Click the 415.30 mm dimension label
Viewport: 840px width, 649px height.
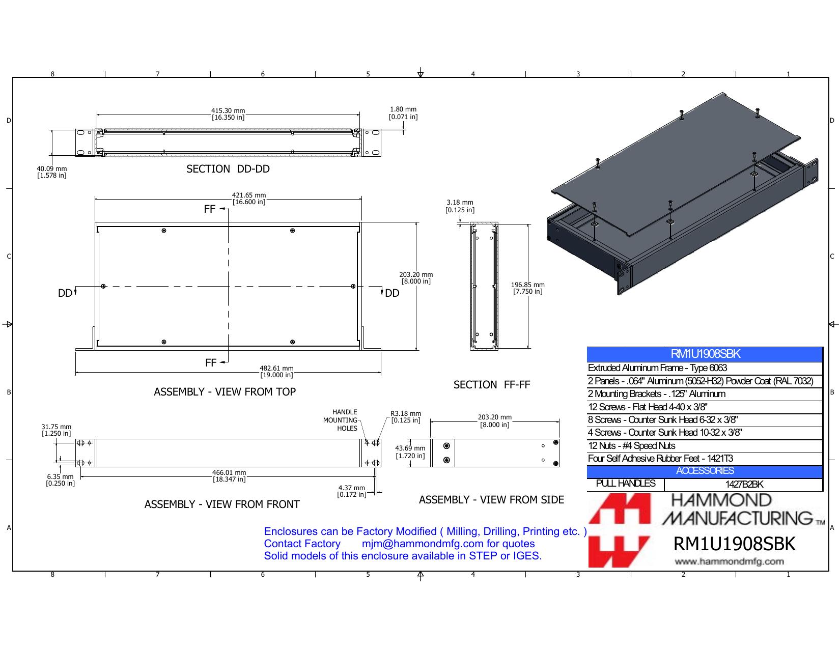coord(228,114)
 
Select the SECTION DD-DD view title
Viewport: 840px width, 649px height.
coord(228,169)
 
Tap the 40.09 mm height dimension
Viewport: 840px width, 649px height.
coord(52,172)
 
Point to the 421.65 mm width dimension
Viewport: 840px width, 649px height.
coord(249,199)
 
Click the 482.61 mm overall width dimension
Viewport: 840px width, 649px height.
coord(277,372)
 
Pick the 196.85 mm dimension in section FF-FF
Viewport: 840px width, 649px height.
coord(527,288)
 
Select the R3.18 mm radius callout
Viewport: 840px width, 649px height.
coord(406,417)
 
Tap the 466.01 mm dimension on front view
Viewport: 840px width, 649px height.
coord(229,476)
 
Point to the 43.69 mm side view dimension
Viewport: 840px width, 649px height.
coord(410,452)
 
